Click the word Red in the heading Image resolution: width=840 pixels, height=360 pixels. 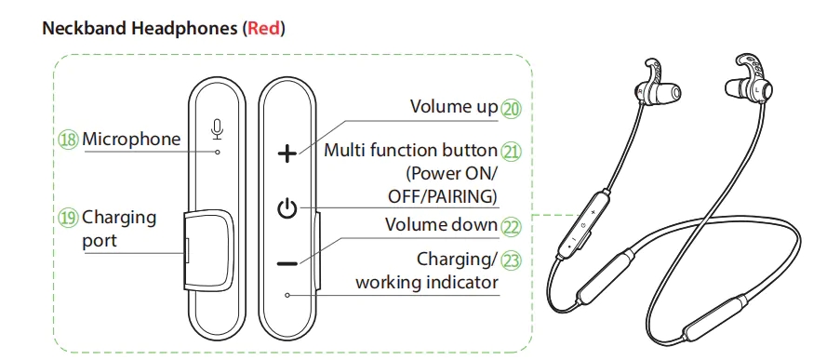tap(263, 29)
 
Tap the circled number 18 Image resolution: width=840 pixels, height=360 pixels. tap(69, 140)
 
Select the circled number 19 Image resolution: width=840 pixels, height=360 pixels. tap(69, 218)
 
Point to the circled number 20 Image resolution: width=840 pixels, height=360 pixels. tap(511, 109)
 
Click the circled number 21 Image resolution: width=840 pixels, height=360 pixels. tap(511, 152)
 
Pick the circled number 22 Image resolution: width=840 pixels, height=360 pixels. tap(511, 227)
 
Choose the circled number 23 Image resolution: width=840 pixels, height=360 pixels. tap(511, 260)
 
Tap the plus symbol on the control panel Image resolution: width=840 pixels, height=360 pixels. tap(287, 154)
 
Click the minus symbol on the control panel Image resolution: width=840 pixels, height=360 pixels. tap(287, 263)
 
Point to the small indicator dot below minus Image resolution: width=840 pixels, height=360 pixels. tap(287, 295)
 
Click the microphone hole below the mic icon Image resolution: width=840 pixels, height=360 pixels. tap(217, 153)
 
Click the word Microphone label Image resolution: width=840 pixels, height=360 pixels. tap(131, 140)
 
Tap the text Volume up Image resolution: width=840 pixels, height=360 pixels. tap(454, 107)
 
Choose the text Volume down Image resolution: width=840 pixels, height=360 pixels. tap(442, 224)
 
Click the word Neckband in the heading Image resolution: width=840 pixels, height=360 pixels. tap(85, 29)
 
